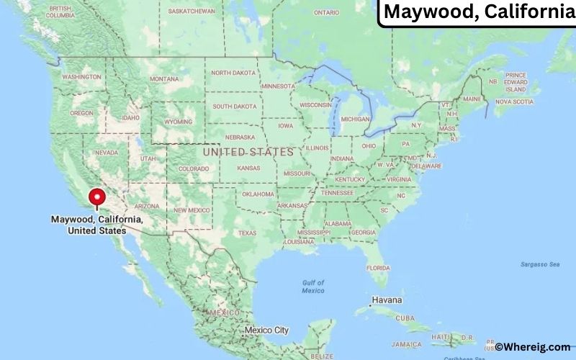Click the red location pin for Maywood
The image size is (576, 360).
click(96, 198)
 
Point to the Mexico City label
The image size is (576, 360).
click(266, 330)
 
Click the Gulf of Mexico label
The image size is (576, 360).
click(313, 286)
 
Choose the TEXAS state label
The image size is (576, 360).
click(247, 233)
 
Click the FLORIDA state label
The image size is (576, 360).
click(377, 267)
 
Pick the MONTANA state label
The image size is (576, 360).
click(164, 78)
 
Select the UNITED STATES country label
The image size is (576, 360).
click(248, 152)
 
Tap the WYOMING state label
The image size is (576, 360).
click(179, 122)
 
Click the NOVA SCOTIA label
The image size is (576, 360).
click(514, 102)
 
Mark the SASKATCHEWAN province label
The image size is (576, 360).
click(192, 12)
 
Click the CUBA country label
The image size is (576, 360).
click(405, 318)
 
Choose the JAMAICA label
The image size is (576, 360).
click(408, 344)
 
